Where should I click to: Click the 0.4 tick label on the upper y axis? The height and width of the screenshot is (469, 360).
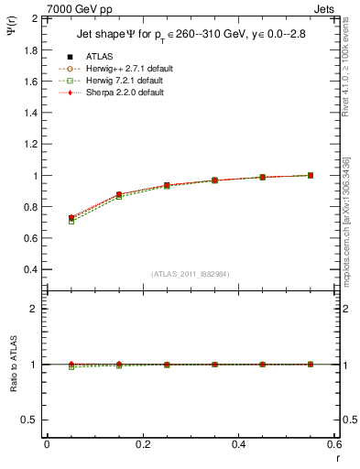coord(30,270)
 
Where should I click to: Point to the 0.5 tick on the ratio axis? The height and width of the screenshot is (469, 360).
coord(30,420)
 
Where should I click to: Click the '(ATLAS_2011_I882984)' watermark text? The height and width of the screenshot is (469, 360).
coord(191,273)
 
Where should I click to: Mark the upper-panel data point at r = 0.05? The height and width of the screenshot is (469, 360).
coord(71,218)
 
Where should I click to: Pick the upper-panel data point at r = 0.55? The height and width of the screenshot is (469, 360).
coord(311,175)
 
